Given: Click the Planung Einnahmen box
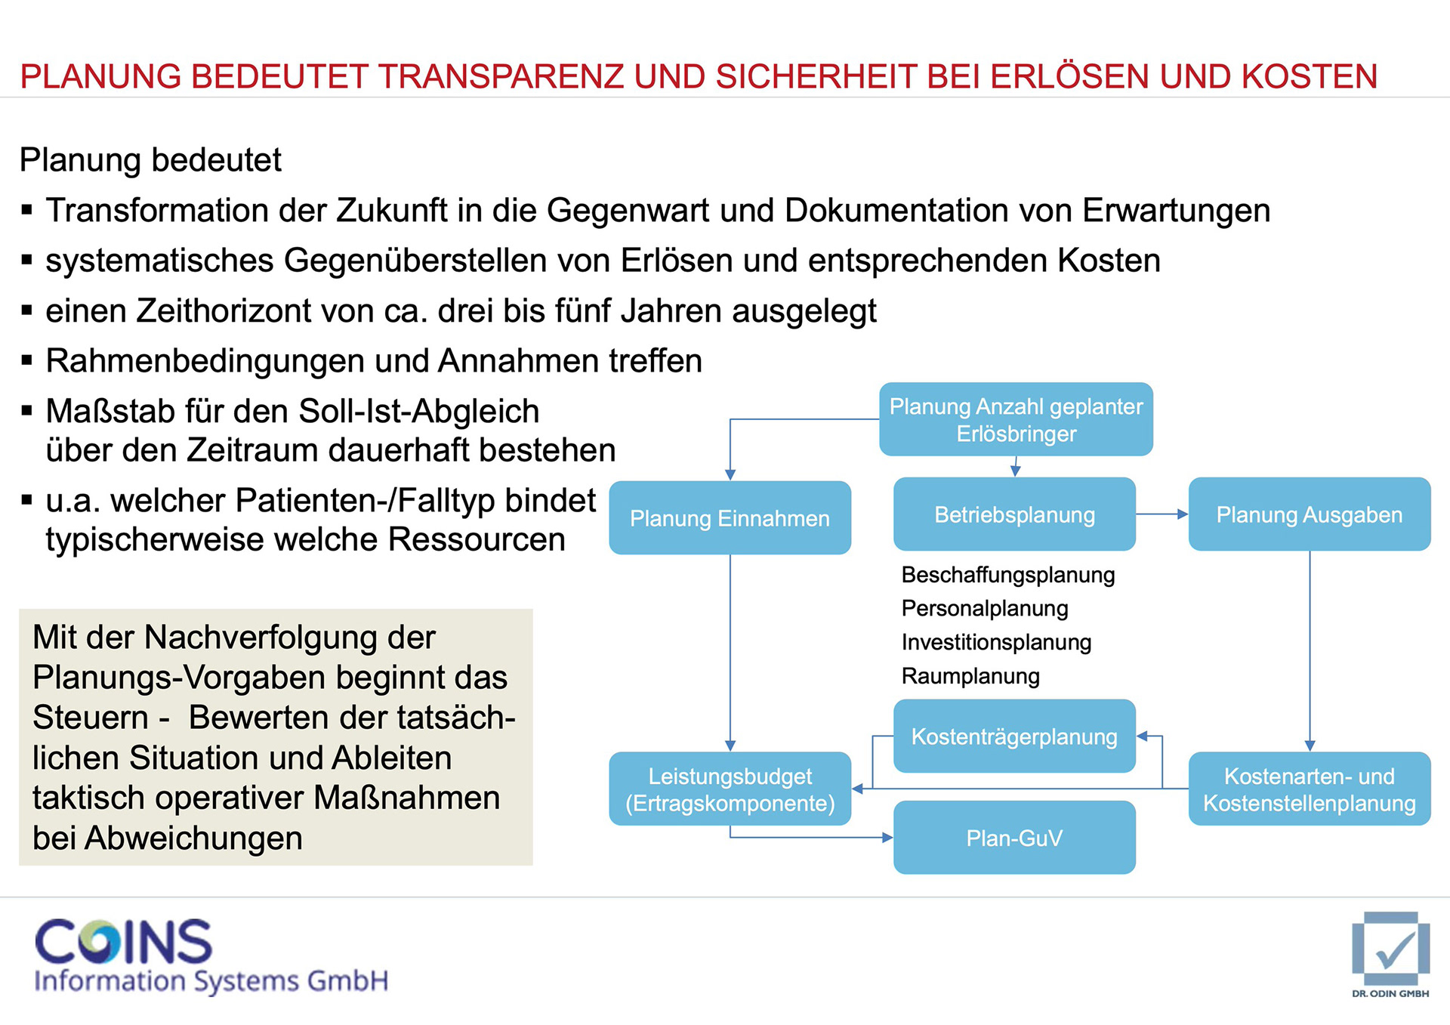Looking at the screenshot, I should pos(730,518).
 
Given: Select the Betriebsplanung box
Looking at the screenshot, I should pos(1014,514).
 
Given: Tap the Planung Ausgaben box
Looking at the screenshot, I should pos(1309,514).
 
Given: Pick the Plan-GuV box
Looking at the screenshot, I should pos(1014,838).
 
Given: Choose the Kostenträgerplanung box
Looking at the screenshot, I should pos(1014,736).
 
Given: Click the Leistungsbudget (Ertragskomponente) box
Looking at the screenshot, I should pos(730,789).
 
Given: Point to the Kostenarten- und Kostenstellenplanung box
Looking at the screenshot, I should pos(1309,789).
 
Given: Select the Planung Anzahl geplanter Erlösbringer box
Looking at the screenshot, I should pos(1016,419).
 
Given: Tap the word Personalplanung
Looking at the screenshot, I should pos(985,609).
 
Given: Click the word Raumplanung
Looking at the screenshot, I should pos(970,676).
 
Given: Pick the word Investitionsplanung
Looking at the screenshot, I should pos(996,643).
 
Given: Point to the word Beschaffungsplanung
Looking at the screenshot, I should pos(1007,576).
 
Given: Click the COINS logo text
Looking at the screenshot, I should pos(124,942).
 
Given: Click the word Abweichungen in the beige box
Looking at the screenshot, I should pos(194,838).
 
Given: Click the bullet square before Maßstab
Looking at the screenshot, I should pos(27,411).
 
